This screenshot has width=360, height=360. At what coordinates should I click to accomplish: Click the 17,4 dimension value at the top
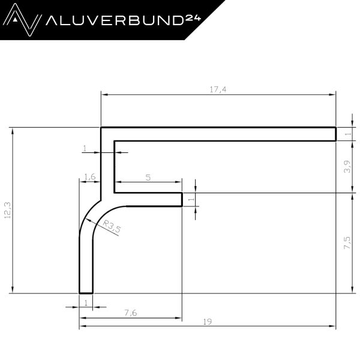218,89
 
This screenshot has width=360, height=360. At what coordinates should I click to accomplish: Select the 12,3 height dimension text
8,210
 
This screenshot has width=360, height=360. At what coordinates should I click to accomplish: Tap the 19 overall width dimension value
208,322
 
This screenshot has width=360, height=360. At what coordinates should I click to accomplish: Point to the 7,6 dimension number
131,313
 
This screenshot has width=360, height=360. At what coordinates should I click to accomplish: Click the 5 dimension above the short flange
148,178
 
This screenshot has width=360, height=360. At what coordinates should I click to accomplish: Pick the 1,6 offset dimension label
90,177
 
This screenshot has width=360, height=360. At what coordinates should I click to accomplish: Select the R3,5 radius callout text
112,226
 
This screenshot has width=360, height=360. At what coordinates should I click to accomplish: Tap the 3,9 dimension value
347,166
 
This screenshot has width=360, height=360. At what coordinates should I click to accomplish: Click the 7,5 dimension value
347,242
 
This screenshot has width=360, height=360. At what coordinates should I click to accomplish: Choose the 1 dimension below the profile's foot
86,303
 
